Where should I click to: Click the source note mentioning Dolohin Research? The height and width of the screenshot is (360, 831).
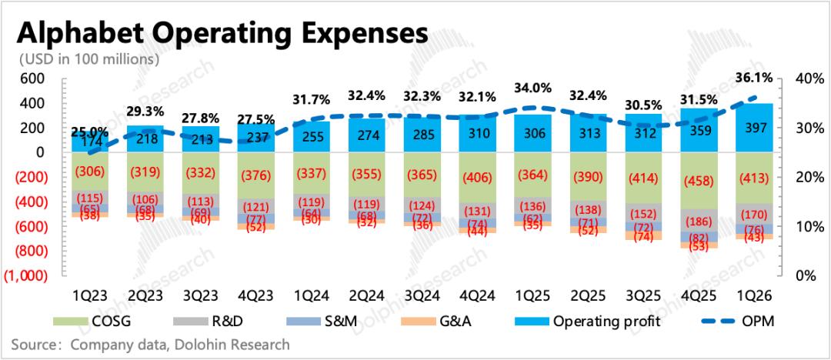[151, 344]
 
